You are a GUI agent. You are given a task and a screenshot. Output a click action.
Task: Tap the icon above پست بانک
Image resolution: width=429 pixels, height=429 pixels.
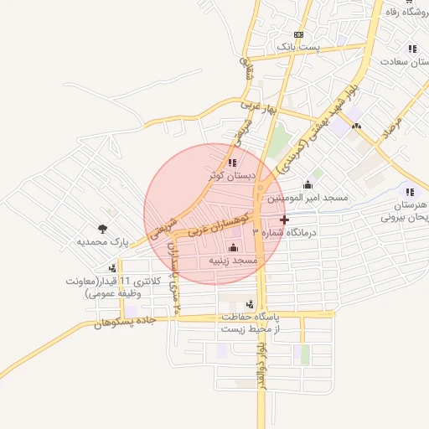pyautogui.click(x=298, y=34)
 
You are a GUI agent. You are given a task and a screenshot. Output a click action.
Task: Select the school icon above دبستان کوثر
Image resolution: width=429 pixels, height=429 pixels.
pyautogui.click(x=231, y=163)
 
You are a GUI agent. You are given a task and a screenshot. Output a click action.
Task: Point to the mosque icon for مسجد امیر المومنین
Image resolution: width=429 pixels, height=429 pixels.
pyautogui.click(x=308, y=184)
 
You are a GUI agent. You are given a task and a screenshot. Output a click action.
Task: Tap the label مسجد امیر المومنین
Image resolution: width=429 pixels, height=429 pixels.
pyautogui.click(x=308, y=199)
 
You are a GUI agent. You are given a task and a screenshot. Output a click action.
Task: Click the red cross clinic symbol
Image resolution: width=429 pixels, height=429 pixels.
pyautogui.click(x=284, y=220)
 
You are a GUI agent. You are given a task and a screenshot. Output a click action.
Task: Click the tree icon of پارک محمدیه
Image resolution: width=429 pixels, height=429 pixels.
pyautogui.click(x=102, y=228)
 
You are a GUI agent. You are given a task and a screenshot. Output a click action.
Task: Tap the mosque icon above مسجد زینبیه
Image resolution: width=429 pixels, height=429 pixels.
pyautogui.click(x=233, y=247)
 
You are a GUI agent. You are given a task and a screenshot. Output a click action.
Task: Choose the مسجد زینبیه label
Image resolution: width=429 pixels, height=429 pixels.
pyautogui.click(x=233, y=261)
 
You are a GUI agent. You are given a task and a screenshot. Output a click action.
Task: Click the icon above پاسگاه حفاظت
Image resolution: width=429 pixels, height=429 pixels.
pyautogui.click(x=250, y=304)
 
